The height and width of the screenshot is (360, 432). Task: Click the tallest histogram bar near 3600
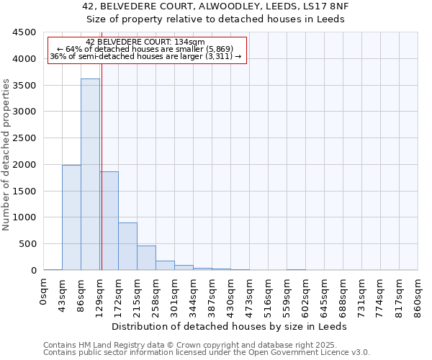coord(90,174)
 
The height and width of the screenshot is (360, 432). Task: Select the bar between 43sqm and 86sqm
coord(71,217)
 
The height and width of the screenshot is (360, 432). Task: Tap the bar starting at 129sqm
coord(109,220)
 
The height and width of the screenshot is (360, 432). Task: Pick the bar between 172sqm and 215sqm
coord(127,246)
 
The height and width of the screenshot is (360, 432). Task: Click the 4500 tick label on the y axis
coord(24,32)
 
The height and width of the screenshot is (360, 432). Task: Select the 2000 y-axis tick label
coord(24,164)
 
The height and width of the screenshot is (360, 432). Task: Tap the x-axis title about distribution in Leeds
coord(230,326)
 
